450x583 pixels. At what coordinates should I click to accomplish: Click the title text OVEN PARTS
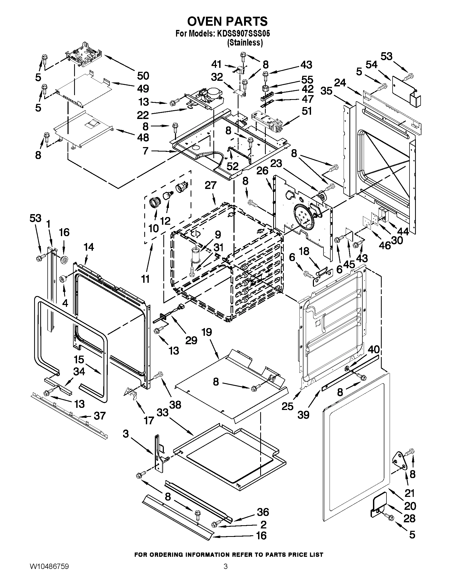[x=227, y=21]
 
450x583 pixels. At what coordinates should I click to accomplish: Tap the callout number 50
[x=143, y=76]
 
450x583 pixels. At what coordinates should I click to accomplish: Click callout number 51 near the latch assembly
[x=306, y=111]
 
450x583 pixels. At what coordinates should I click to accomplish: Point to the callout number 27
[x=210, y=185]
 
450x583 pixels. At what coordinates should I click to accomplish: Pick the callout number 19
[x=207, y=332]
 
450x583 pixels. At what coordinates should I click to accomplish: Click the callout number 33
[x=163, y=412]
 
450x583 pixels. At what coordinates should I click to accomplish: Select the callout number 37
[x=100, y=416]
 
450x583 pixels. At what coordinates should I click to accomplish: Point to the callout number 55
[x=307, y=79]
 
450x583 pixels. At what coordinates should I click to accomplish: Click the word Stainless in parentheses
[x=245, y=42]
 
